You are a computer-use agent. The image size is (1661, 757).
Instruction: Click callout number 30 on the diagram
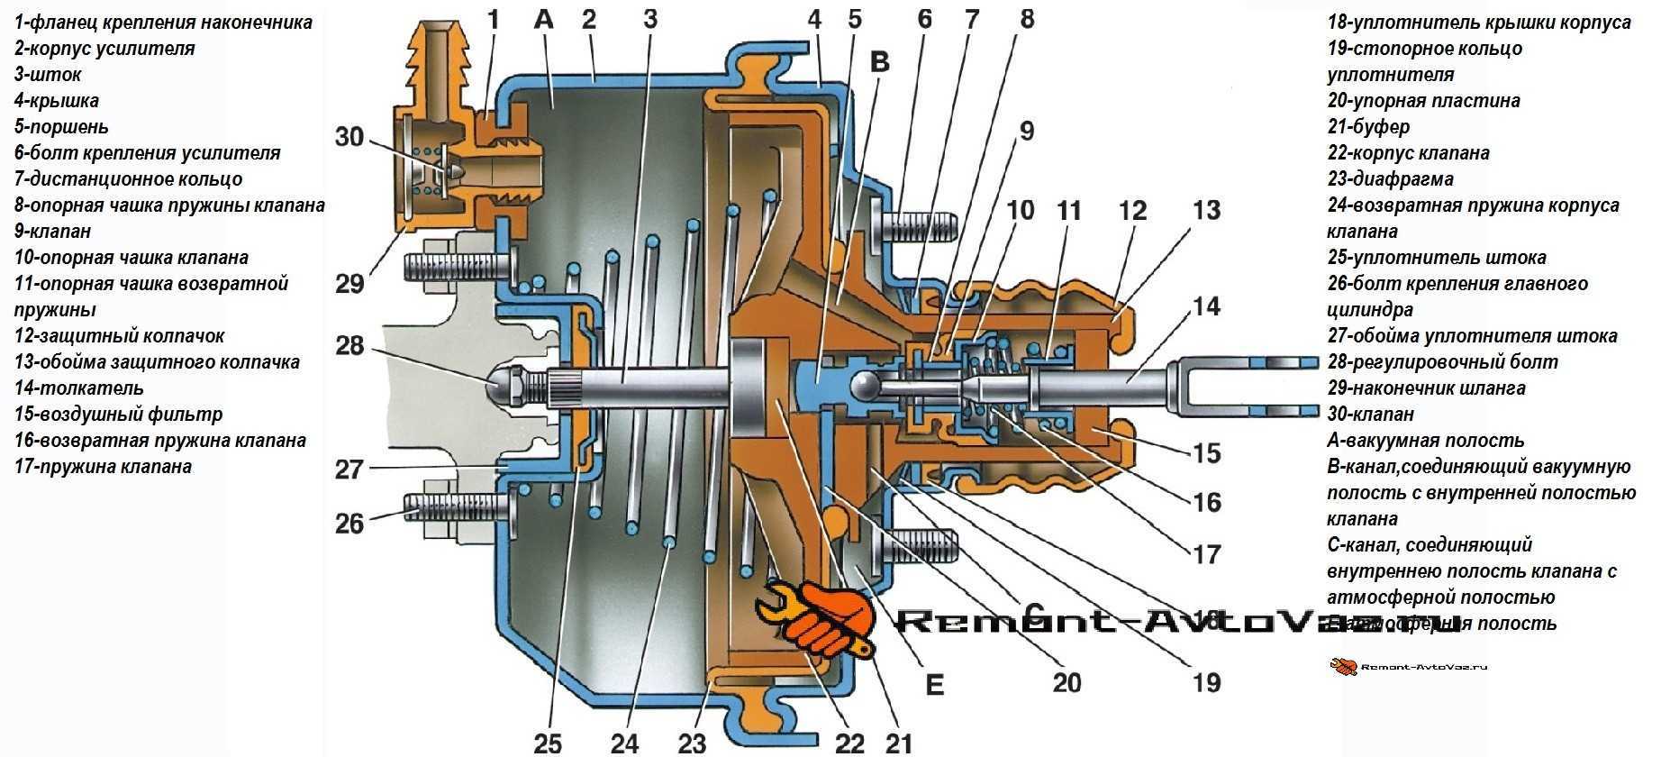coord(349,136)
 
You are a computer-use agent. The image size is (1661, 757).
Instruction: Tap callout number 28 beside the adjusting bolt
coord(349,345)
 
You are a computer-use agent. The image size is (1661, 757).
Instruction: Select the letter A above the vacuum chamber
coord(543,19)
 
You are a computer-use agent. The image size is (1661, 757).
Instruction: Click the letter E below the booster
coord(934,686)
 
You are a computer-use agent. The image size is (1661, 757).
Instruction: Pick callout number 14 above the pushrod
coord(1206,306)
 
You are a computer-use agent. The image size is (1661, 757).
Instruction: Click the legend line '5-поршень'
coord(61,127)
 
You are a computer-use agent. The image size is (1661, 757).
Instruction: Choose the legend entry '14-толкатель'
coord(79,388)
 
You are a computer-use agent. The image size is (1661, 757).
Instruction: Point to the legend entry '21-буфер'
coord(1368,127)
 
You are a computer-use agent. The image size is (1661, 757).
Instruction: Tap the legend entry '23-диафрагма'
coord(1390,179)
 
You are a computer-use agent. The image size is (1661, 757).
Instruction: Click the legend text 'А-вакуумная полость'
coord(1425,441)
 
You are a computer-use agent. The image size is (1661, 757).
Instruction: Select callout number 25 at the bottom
coord(548,743)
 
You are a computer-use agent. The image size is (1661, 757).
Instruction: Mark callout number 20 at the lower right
coord(1066,682)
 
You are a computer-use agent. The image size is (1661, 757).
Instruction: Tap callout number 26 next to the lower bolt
coord(349,523)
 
